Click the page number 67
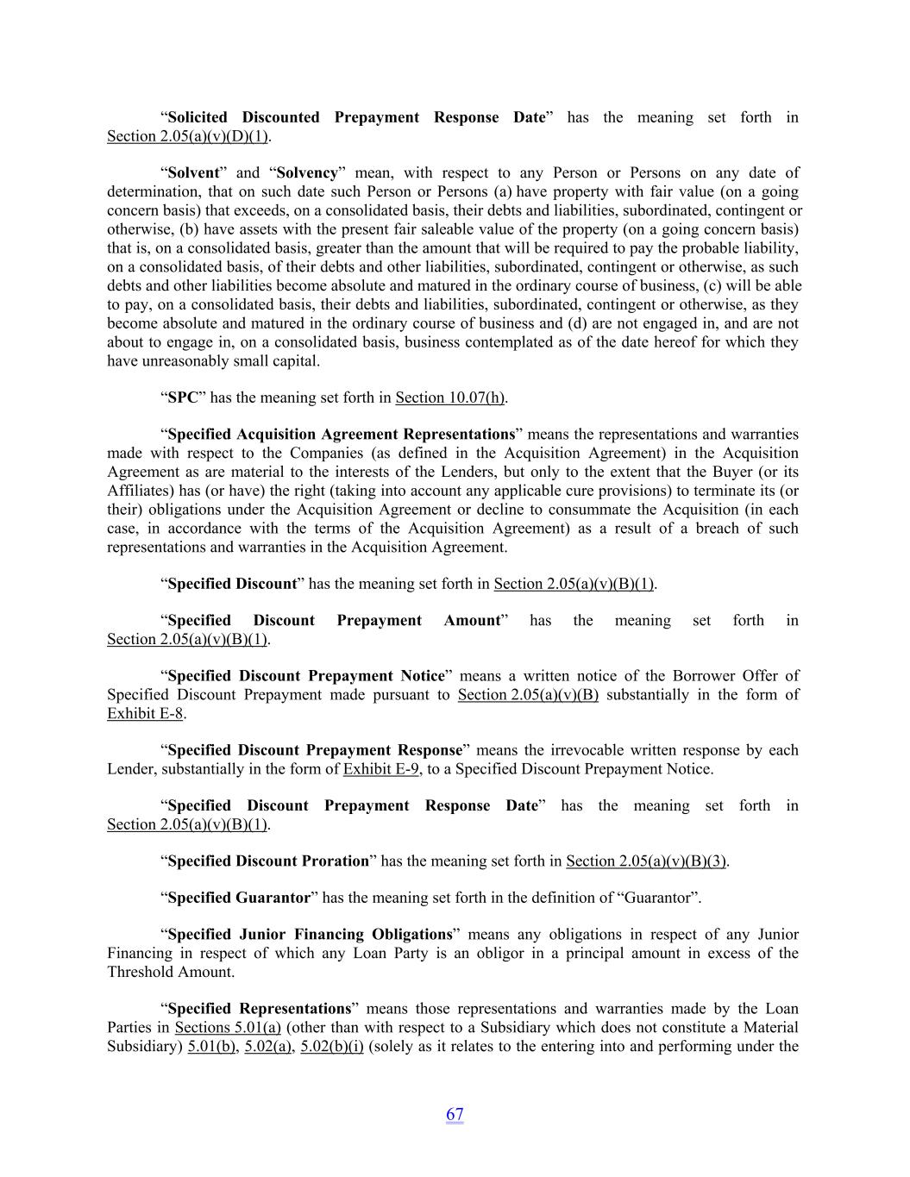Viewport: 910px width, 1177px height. [455, 1114]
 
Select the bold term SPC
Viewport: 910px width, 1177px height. [183, 398]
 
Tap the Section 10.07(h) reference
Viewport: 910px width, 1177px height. [449, 398]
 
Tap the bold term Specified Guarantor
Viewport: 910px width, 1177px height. [239, 898]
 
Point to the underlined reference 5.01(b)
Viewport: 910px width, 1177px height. [211, 1046]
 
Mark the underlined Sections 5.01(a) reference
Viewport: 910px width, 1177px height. [228, 1027]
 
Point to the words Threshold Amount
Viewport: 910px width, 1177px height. [170, 972]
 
